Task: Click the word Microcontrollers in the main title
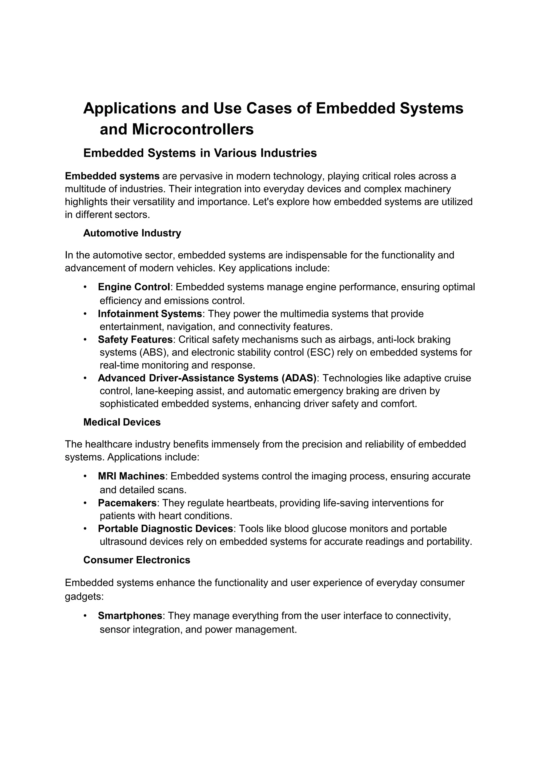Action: point(193,129)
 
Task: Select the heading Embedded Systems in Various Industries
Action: point(200,153)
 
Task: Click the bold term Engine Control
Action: point(134,287)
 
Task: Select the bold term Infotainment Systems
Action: point(150,314)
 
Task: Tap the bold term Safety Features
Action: point(135,339)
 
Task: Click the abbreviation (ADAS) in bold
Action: point(299,378)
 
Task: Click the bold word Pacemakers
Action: point(127,503)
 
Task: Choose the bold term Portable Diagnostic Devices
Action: point(165,529)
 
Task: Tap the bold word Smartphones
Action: point(130,616)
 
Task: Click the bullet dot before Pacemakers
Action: point(85,503)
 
